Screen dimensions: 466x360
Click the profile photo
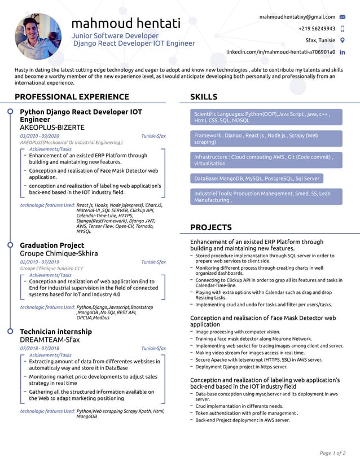click(x=38, y=37)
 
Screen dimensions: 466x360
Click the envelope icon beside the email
click(x=343, y=17)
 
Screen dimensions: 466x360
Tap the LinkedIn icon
click(x=343, y=52)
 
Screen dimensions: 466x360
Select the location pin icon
click(x=343, y=41)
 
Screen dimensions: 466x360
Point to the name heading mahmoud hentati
click(x=126, y=24)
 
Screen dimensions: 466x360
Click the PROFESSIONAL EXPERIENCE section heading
click(x=72, y=97)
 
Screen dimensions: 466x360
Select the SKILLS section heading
click(x=204, y=97)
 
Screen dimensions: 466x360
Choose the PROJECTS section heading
click(x=211, y=228)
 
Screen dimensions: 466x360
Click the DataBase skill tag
click(x=257, y=179)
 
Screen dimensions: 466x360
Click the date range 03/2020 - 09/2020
click(x=39, y=137)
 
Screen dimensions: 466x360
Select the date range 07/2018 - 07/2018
click(x=39, y=349)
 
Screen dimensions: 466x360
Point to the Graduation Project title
click(x=52, y=245)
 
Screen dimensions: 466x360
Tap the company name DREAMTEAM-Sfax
click(x=50, y=340)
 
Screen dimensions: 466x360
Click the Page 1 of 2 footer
click(x=332, y=453)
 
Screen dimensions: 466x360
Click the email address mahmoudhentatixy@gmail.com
click(x=297, y=17)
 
